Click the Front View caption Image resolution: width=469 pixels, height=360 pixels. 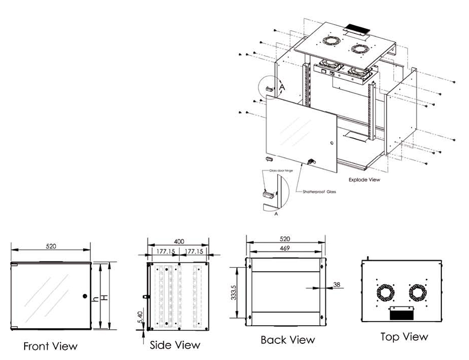tap(50, 346)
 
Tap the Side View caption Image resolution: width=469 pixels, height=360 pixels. tap(175, 345)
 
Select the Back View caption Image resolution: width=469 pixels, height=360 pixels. tap(288, 340)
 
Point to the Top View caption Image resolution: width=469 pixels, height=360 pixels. tap(404, 336)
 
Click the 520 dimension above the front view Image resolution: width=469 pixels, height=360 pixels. tap(50, 246)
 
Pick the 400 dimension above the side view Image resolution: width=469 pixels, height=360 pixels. tap(178, 241)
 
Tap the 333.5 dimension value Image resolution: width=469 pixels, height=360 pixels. tap(233, 292)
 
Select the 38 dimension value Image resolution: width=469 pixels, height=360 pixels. tap(337, 285)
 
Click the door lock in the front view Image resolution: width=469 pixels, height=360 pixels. tap(84, 296)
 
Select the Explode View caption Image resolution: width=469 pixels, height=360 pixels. tap(364, 179)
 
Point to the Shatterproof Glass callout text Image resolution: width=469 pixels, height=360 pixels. tap(319, 192)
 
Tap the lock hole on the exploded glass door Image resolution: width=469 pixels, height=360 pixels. tap(332, 143)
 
